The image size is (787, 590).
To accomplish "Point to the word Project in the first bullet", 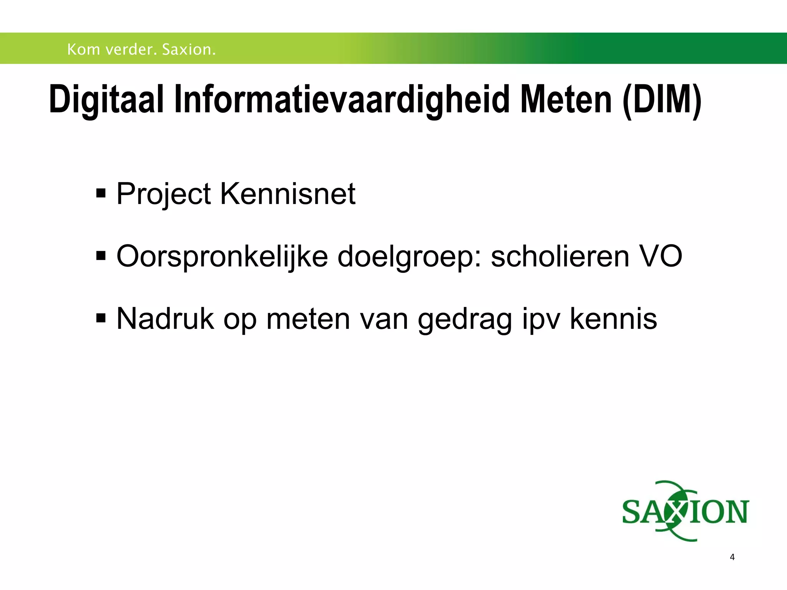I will coord(163,194).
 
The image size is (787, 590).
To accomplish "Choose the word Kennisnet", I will coord(287,194).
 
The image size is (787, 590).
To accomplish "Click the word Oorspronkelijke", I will coord(222,257).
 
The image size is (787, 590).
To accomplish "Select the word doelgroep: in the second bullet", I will coord(409,257).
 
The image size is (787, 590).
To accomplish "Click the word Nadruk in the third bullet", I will coord(165,318).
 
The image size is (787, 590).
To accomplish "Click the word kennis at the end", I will coord(613,318).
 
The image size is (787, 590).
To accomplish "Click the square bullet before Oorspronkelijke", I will coord(101,255).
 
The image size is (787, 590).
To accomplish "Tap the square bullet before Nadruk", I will coord(101,318).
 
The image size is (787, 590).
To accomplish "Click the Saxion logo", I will coord(685,511).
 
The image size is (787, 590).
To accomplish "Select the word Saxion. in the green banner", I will coord(189,50).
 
